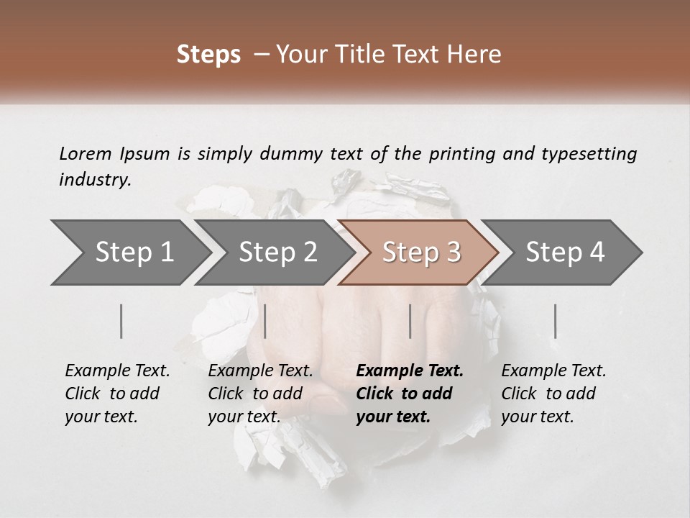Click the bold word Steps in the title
[x=208, y=55]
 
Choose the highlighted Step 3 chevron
[x=421, y=253]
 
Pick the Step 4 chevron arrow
[x=565, y=253]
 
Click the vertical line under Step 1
[x=121, y=321]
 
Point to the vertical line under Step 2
[x=265, y=321]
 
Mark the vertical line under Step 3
[x=410, y=321]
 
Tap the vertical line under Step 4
[x=555, y=321]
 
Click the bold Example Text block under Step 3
[x=410, y=394]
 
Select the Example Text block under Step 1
[x=117, y=394]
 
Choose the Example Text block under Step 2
[x=260, y=394]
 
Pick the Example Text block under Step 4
[x=553, y=394]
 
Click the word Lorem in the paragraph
[x=86, y=153]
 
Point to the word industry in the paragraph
[x=95, y=180]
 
